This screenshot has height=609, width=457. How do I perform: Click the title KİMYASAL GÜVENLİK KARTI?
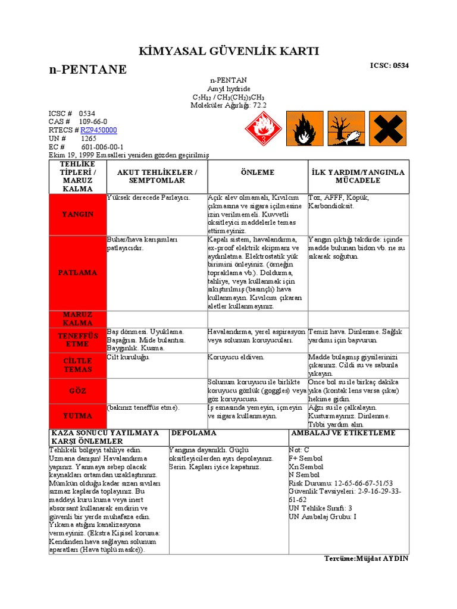pos(228,52)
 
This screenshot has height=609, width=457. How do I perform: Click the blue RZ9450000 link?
pos(99,130)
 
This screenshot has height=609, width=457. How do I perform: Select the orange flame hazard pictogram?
pos(305,128)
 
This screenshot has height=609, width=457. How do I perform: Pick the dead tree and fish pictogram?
pos(346,128)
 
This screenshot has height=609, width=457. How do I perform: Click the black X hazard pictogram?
pos(387,128)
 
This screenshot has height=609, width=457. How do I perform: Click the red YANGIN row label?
pos(78,214)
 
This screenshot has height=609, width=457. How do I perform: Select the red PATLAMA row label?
pos(78,272)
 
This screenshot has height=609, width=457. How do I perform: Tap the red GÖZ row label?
pos(78,391)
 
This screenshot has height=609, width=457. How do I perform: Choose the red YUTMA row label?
pos(78,415)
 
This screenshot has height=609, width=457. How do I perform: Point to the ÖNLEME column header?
pos(257,172)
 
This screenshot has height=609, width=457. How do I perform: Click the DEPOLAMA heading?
pos(193,433)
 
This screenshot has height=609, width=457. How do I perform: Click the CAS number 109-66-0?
pos(93,121)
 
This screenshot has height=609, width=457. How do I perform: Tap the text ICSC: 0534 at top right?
pos(389,65)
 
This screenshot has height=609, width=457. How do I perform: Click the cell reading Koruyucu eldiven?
pos(236,357)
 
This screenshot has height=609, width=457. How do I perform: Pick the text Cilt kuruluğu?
pos(129,357)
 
